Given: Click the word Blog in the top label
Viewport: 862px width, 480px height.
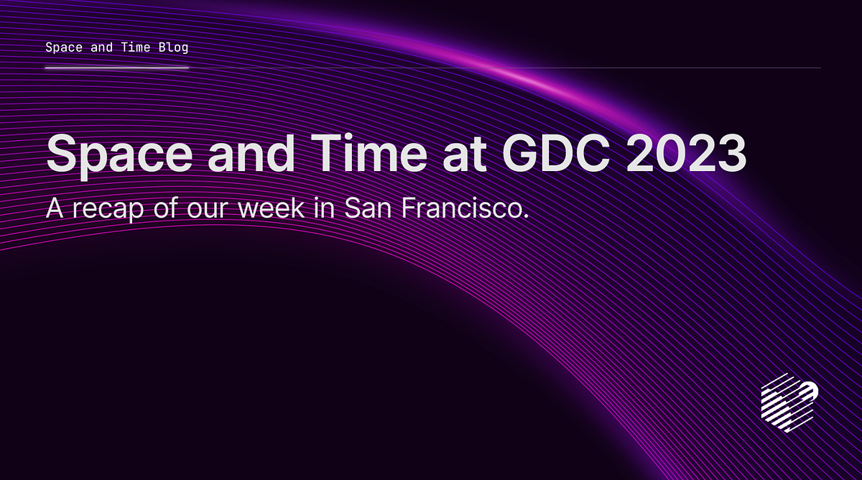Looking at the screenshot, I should [175, 48].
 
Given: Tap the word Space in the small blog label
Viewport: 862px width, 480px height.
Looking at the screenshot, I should [62, 48].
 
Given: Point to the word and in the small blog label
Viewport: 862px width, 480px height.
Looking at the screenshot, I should [101, 48].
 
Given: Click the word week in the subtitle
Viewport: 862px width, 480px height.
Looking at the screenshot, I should [277, 208].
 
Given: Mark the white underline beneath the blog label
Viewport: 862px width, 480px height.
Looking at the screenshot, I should [116, 68].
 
